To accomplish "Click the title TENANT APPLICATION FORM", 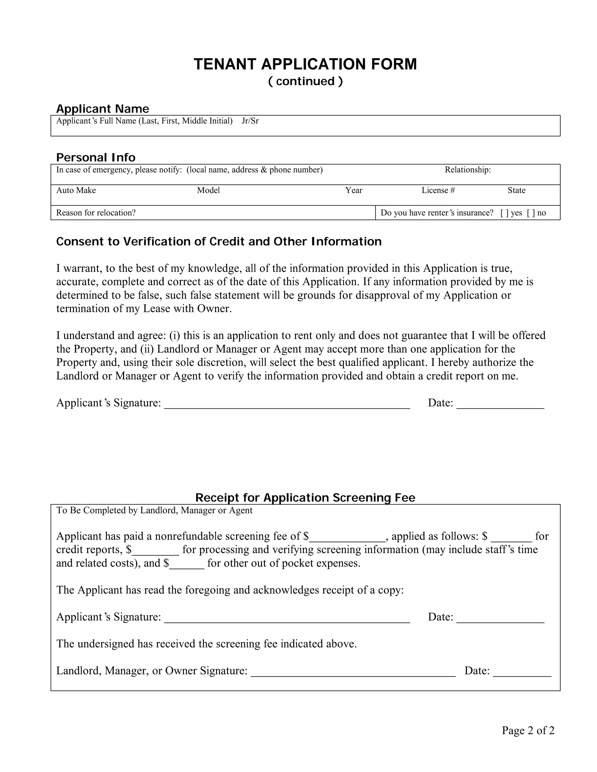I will click(305, 64).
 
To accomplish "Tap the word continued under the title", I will click(305, 81).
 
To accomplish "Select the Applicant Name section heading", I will click(103, 109).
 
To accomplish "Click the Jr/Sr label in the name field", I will click(250, 121).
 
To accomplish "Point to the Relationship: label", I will click(468, 170).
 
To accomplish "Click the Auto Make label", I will click(76, 191).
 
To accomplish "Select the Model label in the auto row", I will click(208, 191).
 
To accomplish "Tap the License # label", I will click(438, 191).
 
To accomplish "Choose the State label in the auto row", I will click(516, 191).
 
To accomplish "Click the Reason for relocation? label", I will click(96, 213).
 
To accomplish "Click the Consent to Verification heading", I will click(219, 242).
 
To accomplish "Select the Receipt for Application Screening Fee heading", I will click(305, 498).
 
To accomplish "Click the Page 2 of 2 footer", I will click(528, 731).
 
